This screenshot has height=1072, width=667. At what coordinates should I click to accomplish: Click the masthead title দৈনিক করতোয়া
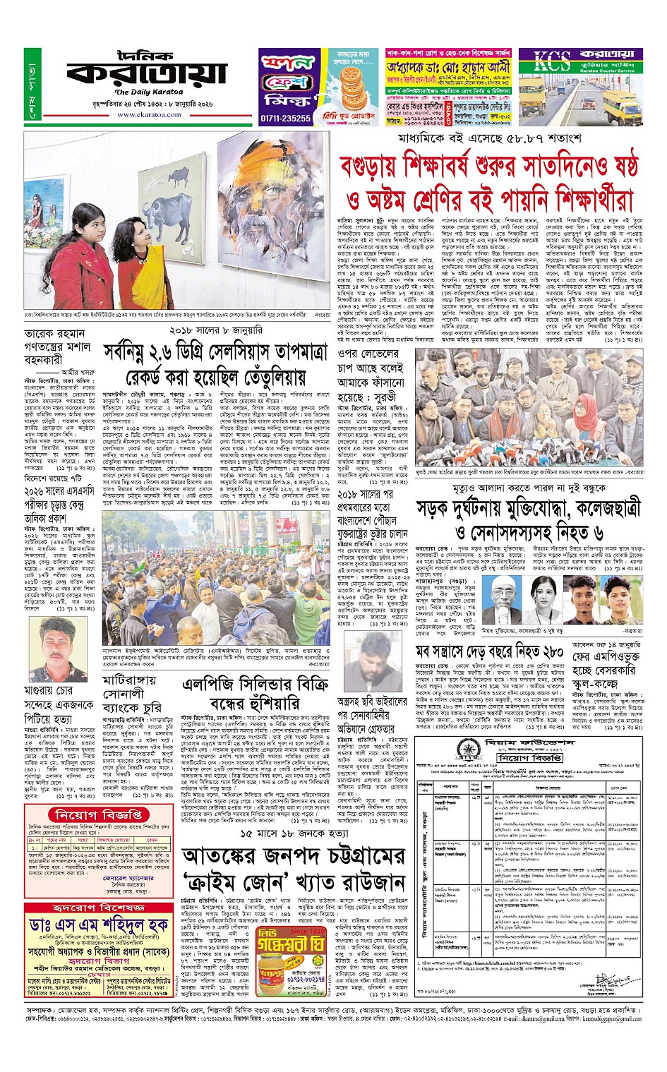click(x=147, y=70)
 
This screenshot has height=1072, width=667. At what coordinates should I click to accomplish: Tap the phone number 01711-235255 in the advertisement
click(x=286, y=119)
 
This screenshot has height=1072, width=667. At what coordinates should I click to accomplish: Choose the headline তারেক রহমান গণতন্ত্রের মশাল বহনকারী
click(x=56, y=346)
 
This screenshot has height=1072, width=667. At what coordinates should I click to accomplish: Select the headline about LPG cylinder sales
click(x=255, y=694)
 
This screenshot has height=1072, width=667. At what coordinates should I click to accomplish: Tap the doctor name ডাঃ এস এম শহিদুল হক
click(x=99, y=925)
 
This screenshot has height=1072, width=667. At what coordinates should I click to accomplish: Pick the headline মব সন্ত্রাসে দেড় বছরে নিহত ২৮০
click(x=488, y=652)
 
